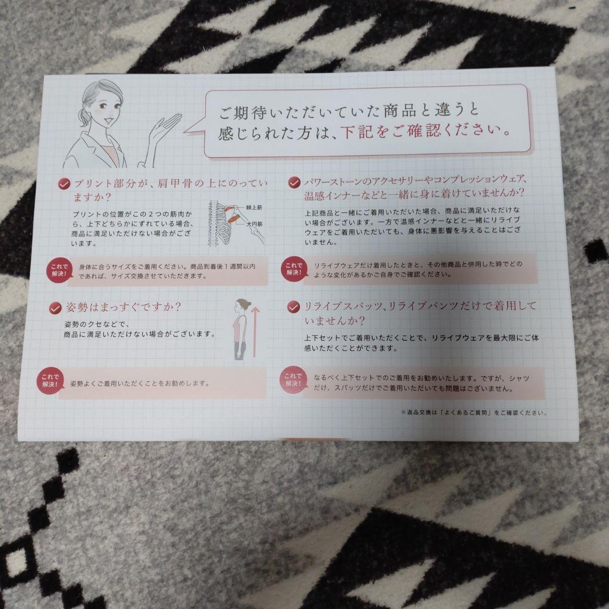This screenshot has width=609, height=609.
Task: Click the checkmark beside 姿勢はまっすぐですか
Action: pos(55,307)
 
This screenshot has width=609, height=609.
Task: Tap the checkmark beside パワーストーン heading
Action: pos(294,182)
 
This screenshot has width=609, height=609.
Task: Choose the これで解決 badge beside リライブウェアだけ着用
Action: pos(292,268)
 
